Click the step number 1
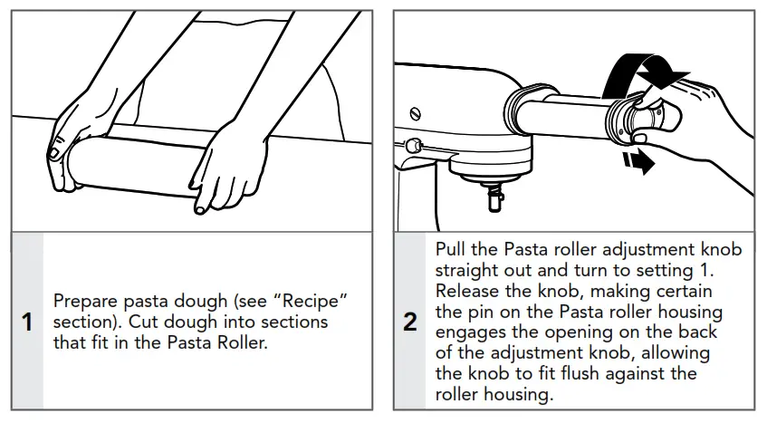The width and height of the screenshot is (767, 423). (27, 322)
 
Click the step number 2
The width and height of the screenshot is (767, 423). (410, 322)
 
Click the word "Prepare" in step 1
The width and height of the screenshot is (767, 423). (85, 302)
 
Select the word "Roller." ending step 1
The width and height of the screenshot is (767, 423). (243, 341)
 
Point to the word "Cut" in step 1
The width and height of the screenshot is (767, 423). (143, 322)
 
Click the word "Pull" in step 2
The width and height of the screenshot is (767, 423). (451, 249)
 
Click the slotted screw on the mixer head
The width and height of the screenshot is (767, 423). (416, 114)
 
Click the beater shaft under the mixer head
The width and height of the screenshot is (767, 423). (496, 196)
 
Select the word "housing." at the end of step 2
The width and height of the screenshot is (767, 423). (519, 394)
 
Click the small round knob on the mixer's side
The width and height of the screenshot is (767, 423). (412, 144)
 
